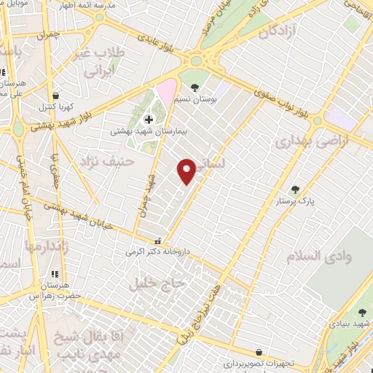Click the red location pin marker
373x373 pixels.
click(187, 170)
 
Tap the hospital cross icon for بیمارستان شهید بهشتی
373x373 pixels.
click(149, 119)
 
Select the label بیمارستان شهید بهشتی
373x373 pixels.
click(144, 133)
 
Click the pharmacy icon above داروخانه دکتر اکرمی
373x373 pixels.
click(157, 241)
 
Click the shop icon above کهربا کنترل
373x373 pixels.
click(55, 95)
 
